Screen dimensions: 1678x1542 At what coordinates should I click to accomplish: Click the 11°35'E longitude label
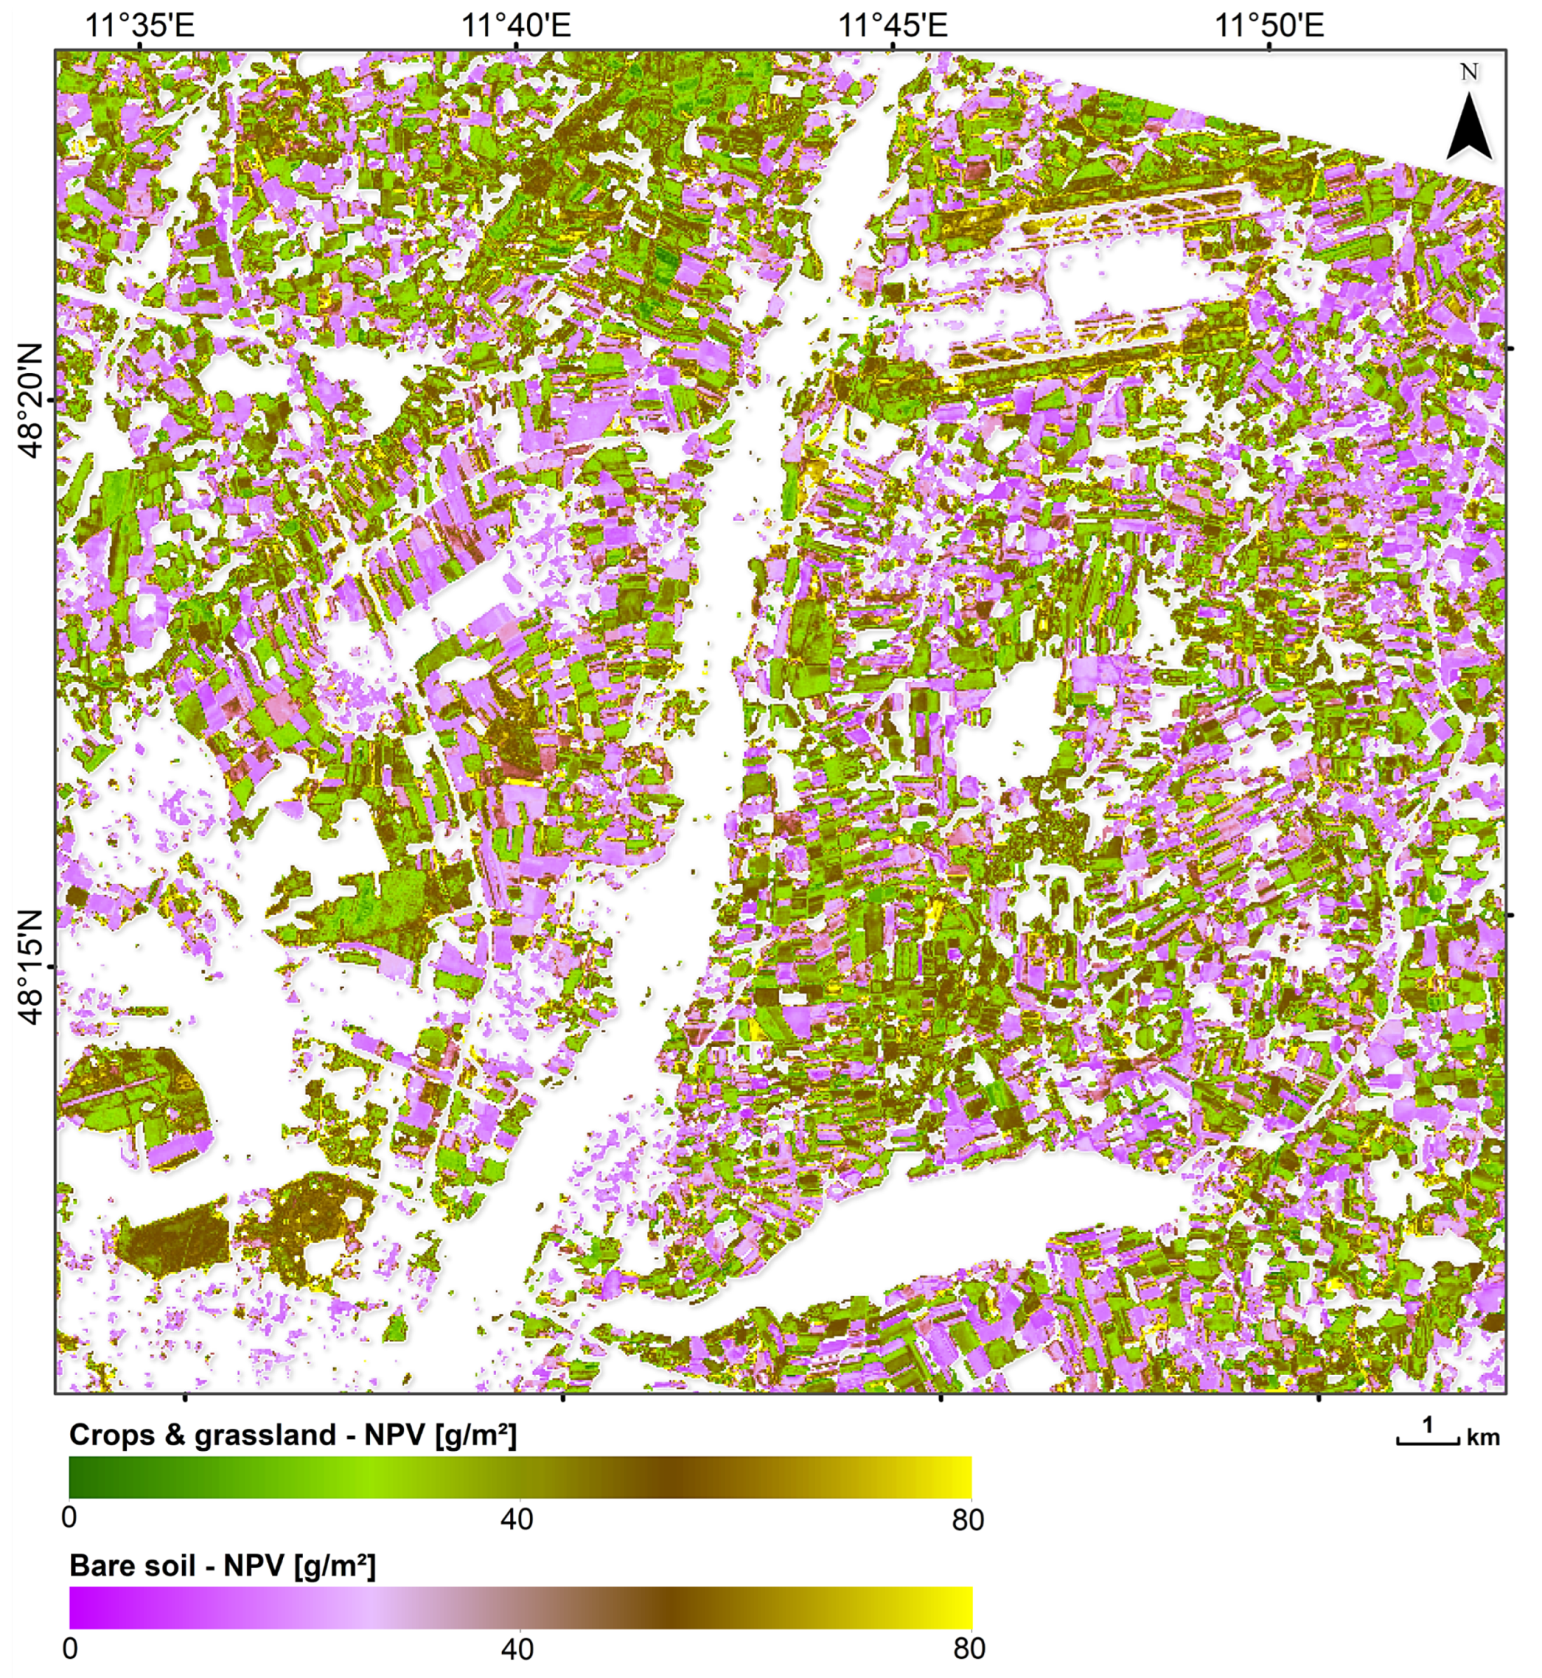[139, 25]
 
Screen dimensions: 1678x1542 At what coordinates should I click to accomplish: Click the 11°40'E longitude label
[517, 25]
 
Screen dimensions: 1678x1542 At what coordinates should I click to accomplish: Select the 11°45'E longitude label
[893, 25]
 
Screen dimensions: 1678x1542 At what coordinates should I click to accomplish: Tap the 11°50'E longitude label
[1269, 25]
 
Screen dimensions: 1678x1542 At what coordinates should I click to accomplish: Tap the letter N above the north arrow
[1469, 73]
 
